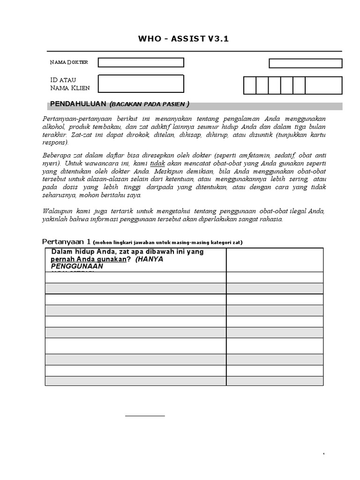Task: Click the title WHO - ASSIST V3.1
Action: (183, 39)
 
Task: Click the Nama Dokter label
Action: (69, 62)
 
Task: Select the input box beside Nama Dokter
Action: (141, 62)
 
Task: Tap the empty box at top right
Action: (305, 63)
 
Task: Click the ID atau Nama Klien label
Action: (70, 84)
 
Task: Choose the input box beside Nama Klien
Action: (141, 84)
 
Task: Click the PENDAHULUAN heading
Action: (78, 104)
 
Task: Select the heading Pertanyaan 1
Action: (66, 242)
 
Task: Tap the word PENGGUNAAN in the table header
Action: (77, 266)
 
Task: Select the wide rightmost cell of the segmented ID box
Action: (323, 86)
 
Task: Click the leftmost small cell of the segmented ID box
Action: (250, 86)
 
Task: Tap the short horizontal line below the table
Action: (145, 415)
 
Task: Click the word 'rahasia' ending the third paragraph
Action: (272, 219)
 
